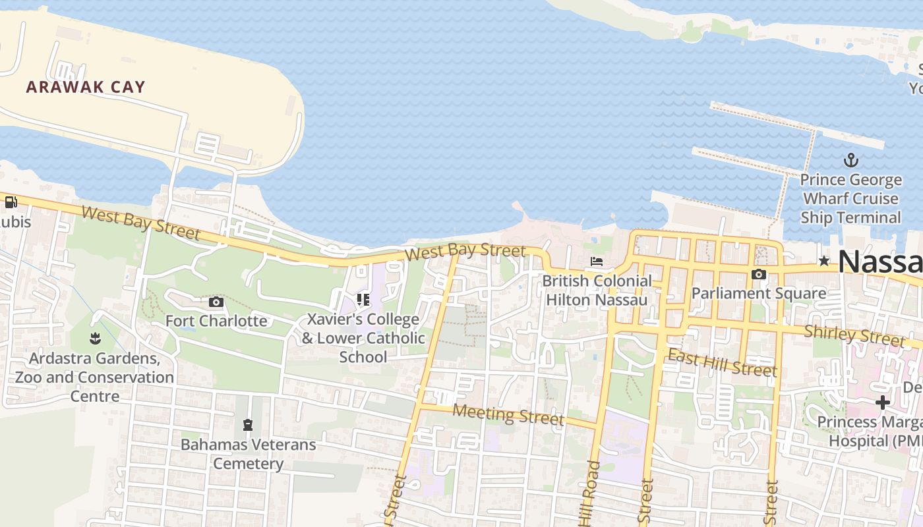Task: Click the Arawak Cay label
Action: click(x=86, y=87)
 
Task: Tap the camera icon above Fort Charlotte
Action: click(x=216, y=302)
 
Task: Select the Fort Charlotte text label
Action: click(x=216, y=321)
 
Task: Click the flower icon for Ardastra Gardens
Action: click(x=95, y=339)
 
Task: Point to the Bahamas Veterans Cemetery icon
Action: click(x=248, y=425)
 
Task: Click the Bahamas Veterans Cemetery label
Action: click(x=249, y=454)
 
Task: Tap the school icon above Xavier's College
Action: click(x=363, y=300)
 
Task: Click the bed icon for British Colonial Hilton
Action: click(x=597, y=262)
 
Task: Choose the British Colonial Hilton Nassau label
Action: click(x=597, y=290)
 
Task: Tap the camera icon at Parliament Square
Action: click(x=759, y=274)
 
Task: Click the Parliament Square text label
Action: click(x=759, y=293)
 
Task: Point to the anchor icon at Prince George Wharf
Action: click(x=850, y=160)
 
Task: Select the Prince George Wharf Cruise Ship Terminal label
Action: click(x=850, y=198)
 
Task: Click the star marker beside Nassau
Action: click(x=823, y=262)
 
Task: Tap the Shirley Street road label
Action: click(x=854, y=335)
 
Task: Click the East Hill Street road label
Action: click(x=722, y=363)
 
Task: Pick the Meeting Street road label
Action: click(x=508, y=414)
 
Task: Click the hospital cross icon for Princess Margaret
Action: click(x=883, y=402)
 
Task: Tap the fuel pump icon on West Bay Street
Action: click(x=11, y=202)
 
